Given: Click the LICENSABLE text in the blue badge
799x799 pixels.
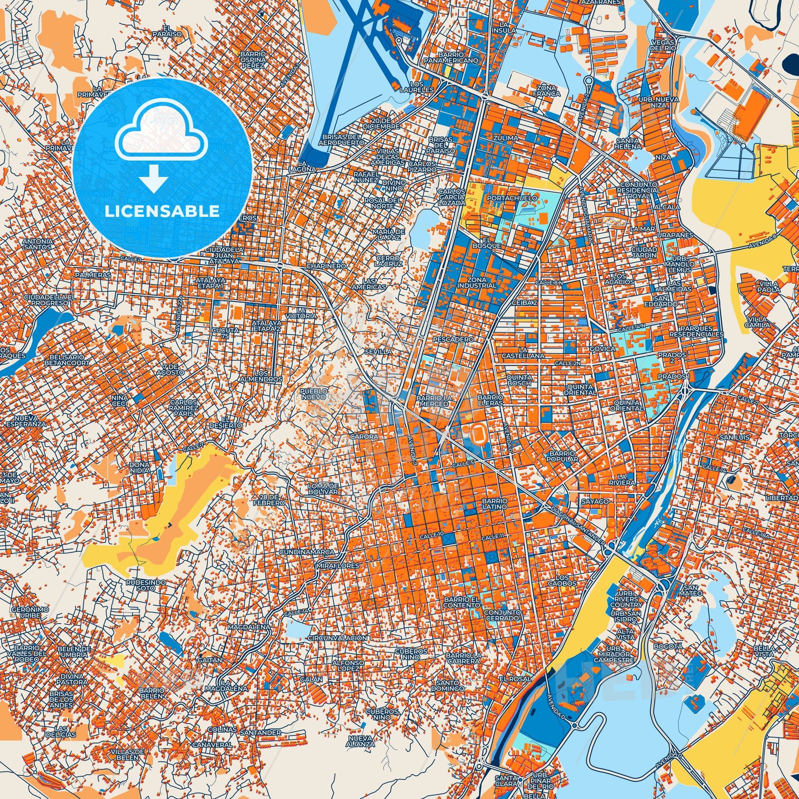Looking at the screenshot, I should point(162,211).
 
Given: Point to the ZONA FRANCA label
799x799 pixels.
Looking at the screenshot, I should point(549,91).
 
